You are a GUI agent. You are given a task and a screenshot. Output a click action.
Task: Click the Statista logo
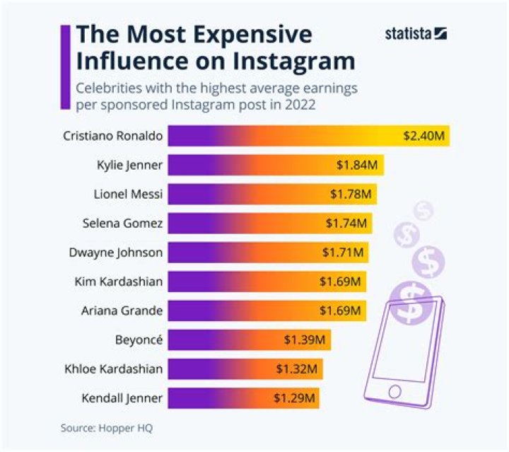tap(416, 33)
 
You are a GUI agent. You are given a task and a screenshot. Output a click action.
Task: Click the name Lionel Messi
tap(128, 194)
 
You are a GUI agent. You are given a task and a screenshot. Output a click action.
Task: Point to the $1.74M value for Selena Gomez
tap(346, 223)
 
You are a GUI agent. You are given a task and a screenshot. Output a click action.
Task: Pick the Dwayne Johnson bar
tap(268, 252)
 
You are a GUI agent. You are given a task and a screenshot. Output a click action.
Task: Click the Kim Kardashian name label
tap(119, 282)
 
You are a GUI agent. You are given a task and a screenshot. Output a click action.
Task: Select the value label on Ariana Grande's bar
tap(340, 310)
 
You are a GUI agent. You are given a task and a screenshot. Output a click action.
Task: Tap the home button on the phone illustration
tap(394, 390)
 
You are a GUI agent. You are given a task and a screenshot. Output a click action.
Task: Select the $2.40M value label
tap(424, 135)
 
